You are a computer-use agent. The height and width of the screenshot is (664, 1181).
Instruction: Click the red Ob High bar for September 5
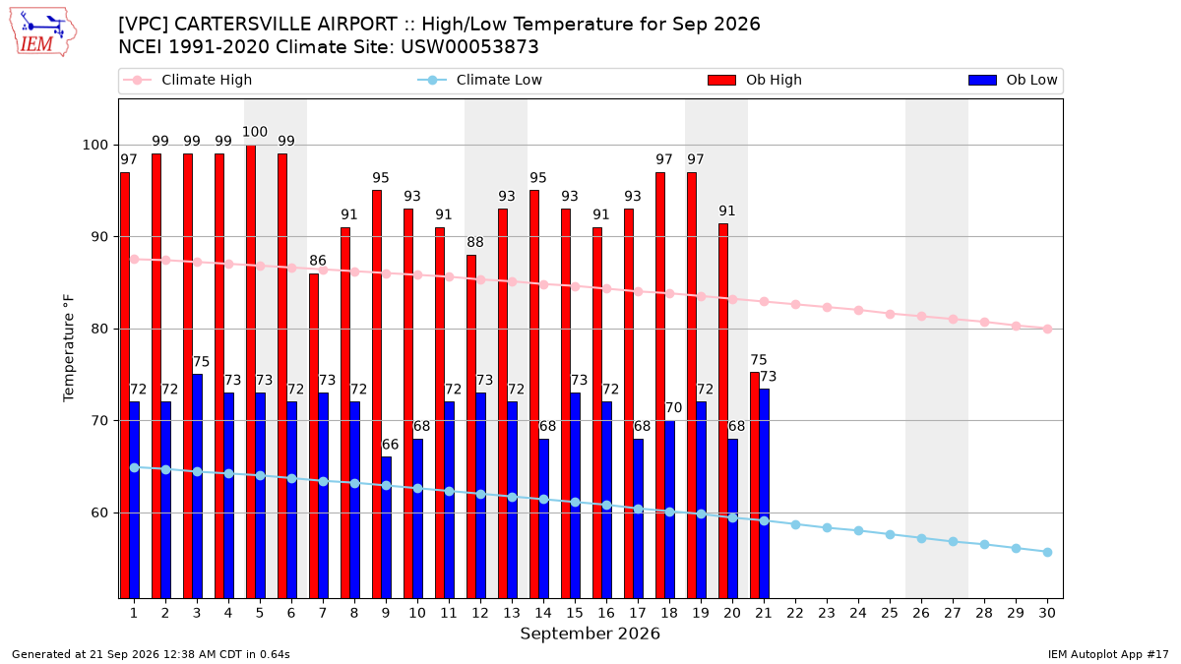point(251,372)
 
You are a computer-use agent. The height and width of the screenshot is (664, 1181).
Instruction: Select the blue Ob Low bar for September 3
point(197,486)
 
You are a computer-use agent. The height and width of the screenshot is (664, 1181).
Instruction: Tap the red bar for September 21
point(755,485)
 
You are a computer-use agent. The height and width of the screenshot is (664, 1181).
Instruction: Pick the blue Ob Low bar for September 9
point(386,527)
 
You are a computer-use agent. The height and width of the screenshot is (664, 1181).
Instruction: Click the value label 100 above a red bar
point(255,132)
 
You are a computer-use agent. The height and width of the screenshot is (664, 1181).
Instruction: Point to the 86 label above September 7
point(317,261)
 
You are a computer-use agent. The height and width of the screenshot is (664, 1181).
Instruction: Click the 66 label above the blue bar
point(390,445)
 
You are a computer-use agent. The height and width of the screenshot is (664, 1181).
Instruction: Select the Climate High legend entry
point(188,80)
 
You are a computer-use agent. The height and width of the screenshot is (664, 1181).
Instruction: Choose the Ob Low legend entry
point(1013,80)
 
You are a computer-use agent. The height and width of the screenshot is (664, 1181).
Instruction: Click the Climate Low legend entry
point(480,80)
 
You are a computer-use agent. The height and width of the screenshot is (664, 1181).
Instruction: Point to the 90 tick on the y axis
point(99,237)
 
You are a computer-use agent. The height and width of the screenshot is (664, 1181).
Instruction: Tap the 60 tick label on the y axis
point(99,513)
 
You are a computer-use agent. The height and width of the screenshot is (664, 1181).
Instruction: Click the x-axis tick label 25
point(890,613)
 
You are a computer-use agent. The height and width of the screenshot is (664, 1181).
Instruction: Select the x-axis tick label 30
point(1047,613)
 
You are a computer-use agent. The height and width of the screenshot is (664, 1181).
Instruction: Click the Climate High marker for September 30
point(1047,329)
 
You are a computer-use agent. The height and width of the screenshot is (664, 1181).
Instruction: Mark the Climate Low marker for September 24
point(858,530)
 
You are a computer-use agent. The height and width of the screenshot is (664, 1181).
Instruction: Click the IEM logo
point(42,32)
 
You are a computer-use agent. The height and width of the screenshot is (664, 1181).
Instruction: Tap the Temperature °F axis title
point(69,348)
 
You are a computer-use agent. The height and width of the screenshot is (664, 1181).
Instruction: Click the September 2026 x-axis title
point(590,634)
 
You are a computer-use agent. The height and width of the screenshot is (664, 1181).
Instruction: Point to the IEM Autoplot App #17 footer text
point(1108,654)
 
